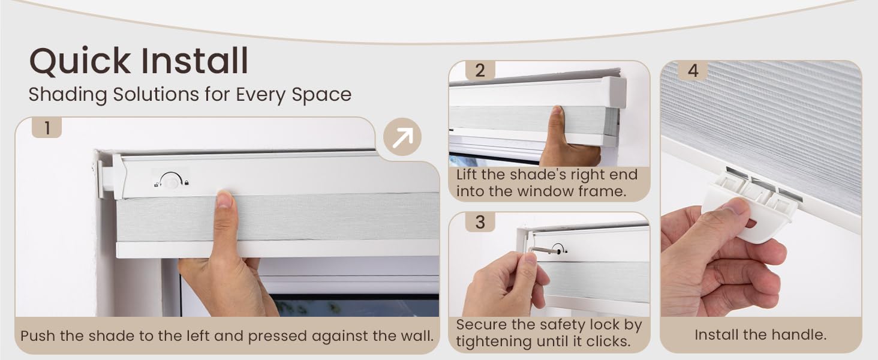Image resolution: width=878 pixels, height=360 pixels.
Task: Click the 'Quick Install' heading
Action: [x=139, y=61]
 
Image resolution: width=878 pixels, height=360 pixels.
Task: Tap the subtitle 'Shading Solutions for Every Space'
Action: [x=190, y=95]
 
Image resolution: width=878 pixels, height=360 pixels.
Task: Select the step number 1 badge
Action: [x=46, y=128]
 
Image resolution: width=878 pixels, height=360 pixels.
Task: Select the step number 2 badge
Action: [x=480, y=70]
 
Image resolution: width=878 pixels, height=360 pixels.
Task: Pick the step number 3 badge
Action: [x=480, y=221]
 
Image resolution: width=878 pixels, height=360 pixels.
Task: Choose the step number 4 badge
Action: [x=693, y=71]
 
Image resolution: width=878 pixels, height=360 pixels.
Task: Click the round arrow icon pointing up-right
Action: [x=402, y=137]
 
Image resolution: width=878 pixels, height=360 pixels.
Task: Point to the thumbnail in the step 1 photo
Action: [x=224, y=199]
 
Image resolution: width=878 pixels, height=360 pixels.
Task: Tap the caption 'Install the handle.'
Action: [x=760, y=335]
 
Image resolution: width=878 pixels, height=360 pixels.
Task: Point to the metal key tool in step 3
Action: [x=545, y=250]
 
